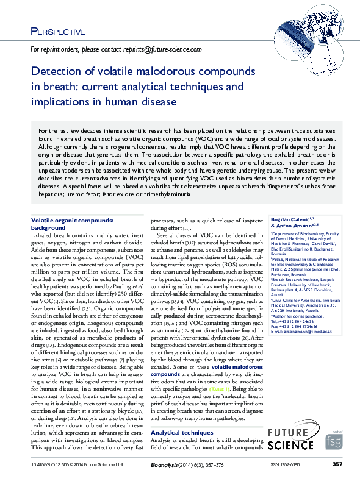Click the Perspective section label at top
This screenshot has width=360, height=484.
57,32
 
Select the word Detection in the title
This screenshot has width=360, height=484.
56,72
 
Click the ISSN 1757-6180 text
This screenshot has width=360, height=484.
286,465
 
